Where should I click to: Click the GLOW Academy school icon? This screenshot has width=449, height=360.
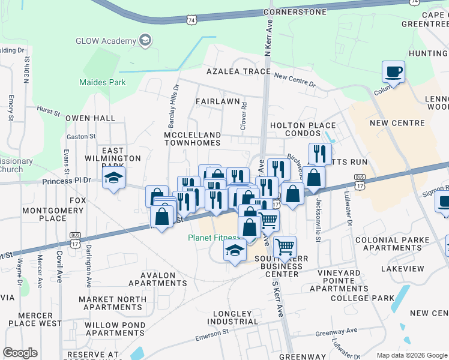pyautogui.click(x=145, y=41)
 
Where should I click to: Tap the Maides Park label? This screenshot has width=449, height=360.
pyautogui.click(x=103, y=82)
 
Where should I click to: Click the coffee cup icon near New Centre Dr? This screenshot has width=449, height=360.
pyautogui.click(x=393, y=72)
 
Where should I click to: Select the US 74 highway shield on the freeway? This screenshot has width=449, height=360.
pyautogui.click(x=190, y=20)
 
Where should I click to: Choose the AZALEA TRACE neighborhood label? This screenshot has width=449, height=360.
pyautogui.click(x=238, y=71)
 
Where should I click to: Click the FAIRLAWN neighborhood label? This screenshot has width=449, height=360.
pyautogui.click(x=217, y=102)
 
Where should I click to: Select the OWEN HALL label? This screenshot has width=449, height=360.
pyautogui.click(x=90, y=119)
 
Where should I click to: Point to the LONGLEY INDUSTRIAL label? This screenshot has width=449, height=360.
pyautogui.click(x=233, y=318)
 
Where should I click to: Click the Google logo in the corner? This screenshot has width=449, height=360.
pyautogui.click(x=20, y=353)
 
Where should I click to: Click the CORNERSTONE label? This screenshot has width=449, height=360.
pyautogui.click(x=295, y=12)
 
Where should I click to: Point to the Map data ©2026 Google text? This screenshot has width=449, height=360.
pyautogui.click(x=412, y=355)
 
